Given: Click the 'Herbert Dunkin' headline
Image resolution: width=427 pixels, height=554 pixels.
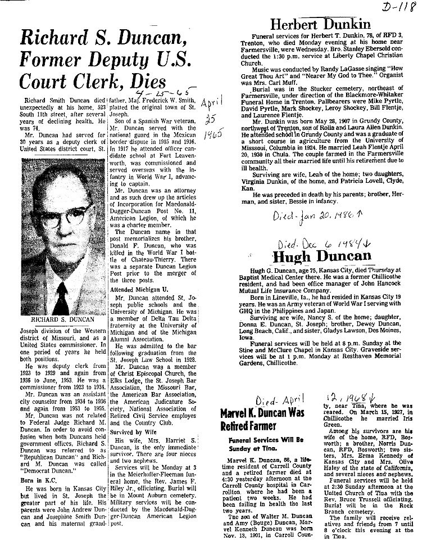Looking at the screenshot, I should (321, 24).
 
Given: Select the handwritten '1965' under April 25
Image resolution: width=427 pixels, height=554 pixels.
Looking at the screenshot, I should (211, 137).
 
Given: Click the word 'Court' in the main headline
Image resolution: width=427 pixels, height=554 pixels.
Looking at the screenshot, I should (46, 80).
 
